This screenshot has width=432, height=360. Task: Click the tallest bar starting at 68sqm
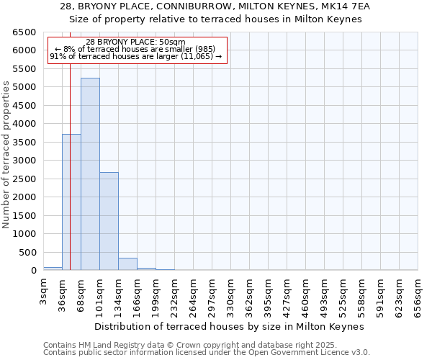pos(90,174)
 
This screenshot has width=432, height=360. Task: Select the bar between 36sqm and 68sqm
pos(71,202)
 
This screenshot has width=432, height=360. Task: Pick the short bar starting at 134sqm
pos(127,264)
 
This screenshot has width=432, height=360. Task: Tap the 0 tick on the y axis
pos(34,271)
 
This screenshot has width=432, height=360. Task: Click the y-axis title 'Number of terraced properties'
pos(7,155)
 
